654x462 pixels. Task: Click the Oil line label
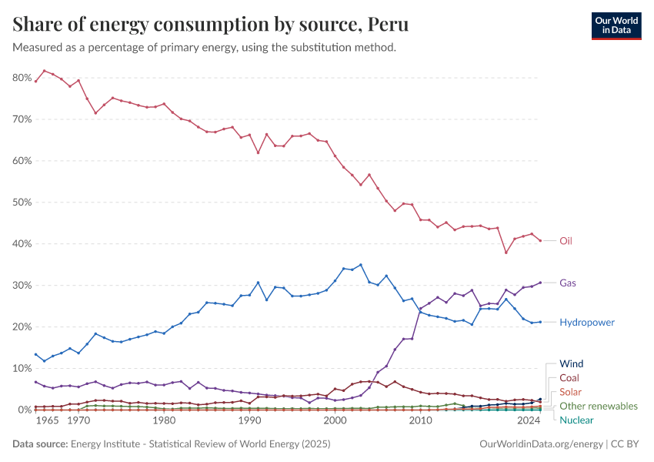tap(566, 241)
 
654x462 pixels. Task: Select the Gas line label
tap(568, 283)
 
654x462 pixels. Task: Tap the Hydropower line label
tap(587, 323)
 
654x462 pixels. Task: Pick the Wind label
tap(572, 363)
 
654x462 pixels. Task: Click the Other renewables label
tap(599, 406)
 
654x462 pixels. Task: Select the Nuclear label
tap(577, 420)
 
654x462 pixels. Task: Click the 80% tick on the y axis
tap(22, 78)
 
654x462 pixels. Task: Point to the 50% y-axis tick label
tap(22, 203)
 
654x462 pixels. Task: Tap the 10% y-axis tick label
tap(22, 368)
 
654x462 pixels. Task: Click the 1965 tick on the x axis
tap(47, 422)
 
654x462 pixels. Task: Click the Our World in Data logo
tap(616, 25)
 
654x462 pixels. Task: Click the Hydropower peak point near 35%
tap(361, 265)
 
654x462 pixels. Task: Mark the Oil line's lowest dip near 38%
tap(506, 253)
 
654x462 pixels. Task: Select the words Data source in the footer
tap(38, 444)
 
